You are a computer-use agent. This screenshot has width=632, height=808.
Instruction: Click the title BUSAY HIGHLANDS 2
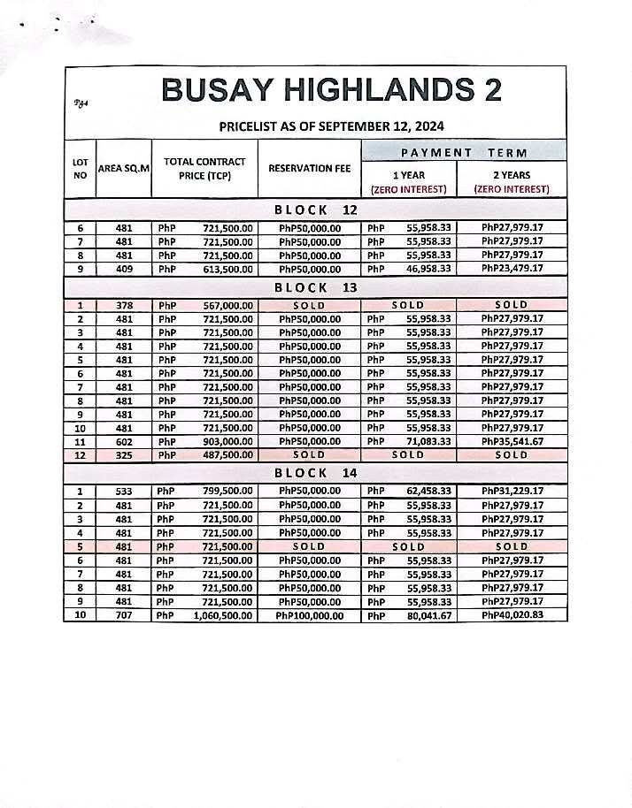point(331,90)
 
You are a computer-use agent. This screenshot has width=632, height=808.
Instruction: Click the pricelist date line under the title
point(331,126)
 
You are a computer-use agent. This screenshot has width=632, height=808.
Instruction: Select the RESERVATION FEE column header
point(310,168)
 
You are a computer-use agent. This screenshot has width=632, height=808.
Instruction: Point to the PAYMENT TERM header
point(463,152)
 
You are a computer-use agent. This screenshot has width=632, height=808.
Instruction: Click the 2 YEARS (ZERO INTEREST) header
point(511,182)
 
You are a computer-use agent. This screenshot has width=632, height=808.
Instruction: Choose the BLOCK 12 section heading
point(315,210)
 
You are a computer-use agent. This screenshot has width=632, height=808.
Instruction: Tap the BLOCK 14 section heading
point(315,473)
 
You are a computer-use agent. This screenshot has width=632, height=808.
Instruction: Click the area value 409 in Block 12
point(124,269)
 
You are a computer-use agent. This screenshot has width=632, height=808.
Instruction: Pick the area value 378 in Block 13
point(124,305)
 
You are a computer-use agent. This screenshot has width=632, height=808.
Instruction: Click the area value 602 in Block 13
point(124,441)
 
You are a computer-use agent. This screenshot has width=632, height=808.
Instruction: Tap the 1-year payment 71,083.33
point(428,441)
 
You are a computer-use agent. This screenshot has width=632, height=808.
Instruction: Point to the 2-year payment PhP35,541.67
point(512,441)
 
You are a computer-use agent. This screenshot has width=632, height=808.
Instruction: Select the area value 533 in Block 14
point(124,492)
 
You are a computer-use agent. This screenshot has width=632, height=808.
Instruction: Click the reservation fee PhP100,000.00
point(310,615)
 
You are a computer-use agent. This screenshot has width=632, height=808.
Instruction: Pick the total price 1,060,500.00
point(222,615)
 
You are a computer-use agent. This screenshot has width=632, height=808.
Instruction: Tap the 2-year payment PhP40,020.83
point(512,615)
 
